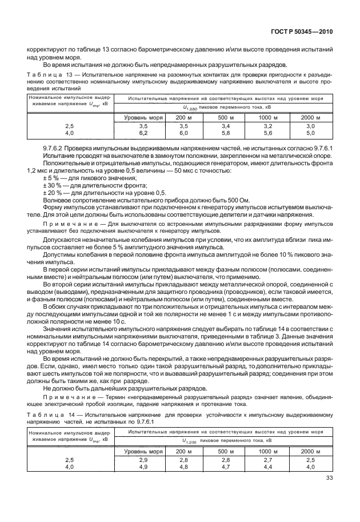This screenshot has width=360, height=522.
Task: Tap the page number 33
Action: click(x=329, y=479)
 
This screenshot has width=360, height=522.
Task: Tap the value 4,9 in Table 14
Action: click(x=143, y=467)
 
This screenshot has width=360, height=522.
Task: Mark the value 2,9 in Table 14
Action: click(x=143, y=460)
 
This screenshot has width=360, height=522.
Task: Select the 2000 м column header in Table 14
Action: click(x=310, y=451)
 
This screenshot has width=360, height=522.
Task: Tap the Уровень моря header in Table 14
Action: click(x=143, y=451)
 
